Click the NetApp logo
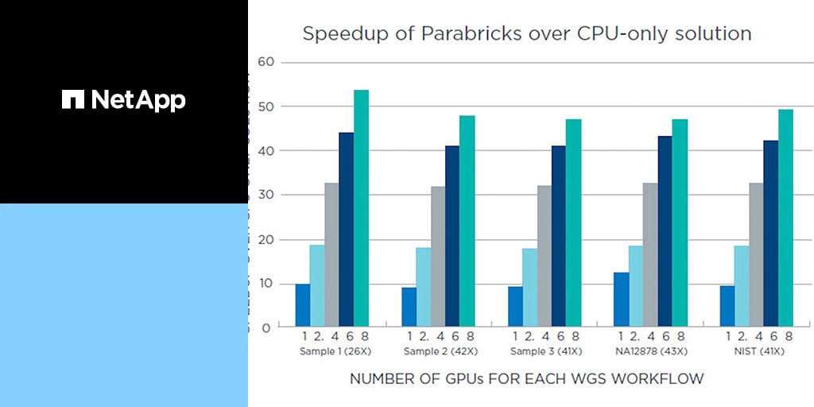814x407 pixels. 123,99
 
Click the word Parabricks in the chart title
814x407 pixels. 461,34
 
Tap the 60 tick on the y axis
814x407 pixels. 266,62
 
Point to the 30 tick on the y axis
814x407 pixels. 266,195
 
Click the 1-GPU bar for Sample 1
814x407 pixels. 303,305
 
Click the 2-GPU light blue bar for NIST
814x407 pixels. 742,286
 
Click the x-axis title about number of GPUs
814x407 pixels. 526,379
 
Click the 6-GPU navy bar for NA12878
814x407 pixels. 665,231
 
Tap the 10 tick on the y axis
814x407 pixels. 266,283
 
